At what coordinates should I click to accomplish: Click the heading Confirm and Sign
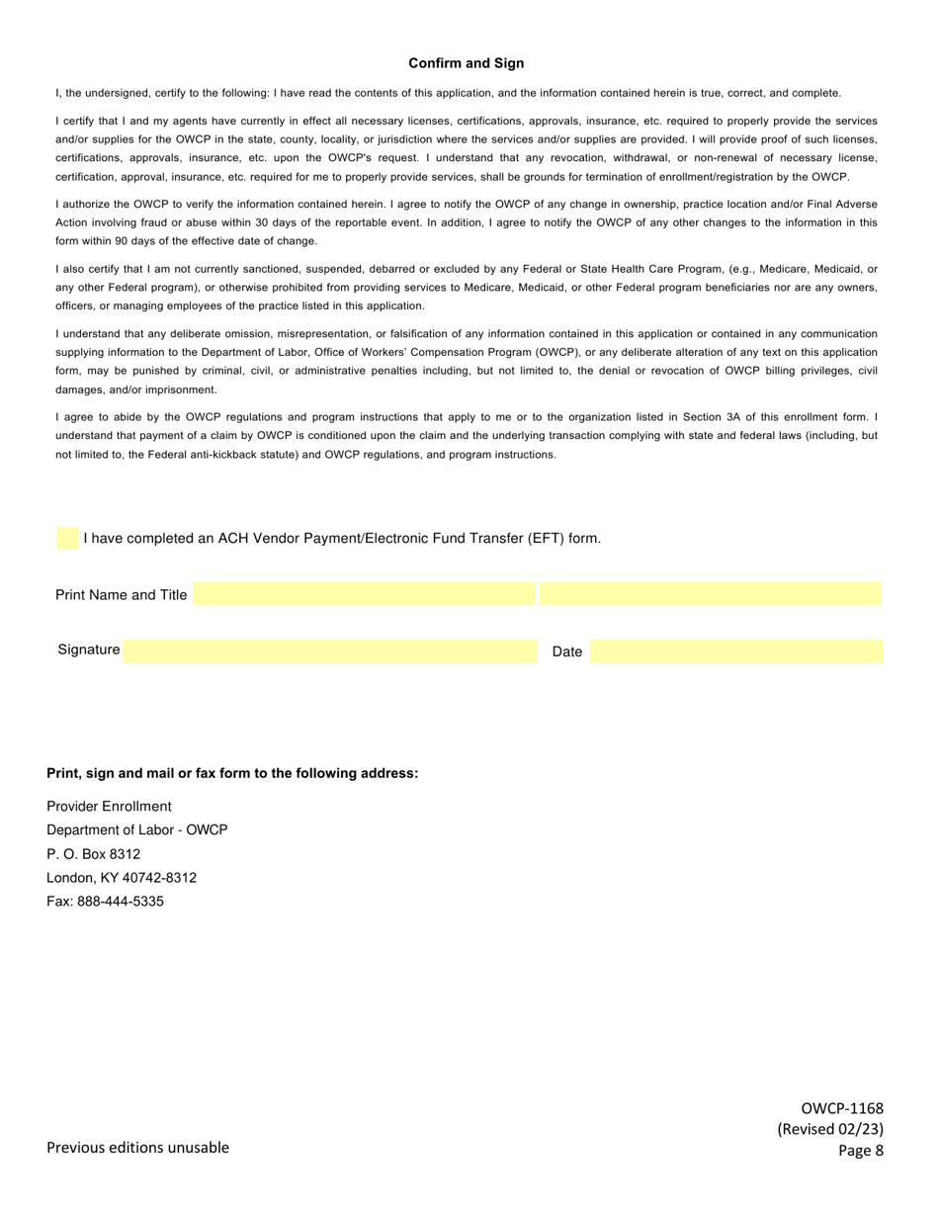pyautogui.click(x=467, y=63)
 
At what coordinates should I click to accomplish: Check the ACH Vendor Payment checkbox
pyautogui.click(x=67, y=539)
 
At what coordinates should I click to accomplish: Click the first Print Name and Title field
pyautogui.click(x=364, y=594)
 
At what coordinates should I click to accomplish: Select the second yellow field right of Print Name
pyautogui.click(x=710, y=594)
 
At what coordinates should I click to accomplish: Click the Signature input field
pyautogui.click(x=329, y=651)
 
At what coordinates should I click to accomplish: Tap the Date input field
pyautogui.click(x=736, y=651)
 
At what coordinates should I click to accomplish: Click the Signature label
pyautogui.click(x=89, y=650)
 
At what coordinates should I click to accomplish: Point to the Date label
pyautogui.click(x=567, y=651)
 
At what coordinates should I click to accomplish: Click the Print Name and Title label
pyautogui.click(x=121, y=594)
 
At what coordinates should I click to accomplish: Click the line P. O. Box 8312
pyautogui.click(x=94, y=854)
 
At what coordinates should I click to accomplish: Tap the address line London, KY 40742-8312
pyautogui.click(x=122, y=878)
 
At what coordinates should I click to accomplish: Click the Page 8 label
pyautogui.click(x=860, y=1150)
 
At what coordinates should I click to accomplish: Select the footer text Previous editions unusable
pyautogui.click(x=137, y=1147)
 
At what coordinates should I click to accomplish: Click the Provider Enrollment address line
pyautogui.click(x=109, y=807)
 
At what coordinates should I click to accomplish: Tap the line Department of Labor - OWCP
pyautogui.click(x=136, y=830)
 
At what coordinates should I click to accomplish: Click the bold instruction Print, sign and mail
pyautogui.click(x=232, y=773)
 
